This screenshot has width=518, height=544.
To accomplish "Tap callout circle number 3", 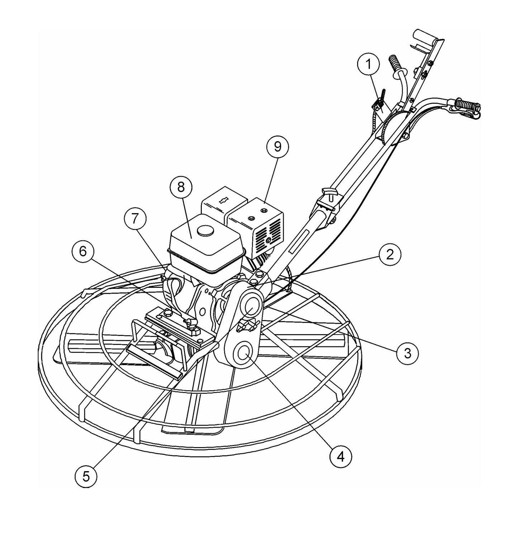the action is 407,353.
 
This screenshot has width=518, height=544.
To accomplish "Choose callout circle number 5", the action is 86,476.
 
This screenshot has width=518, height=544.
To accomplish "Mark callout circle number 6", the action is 83,252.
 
